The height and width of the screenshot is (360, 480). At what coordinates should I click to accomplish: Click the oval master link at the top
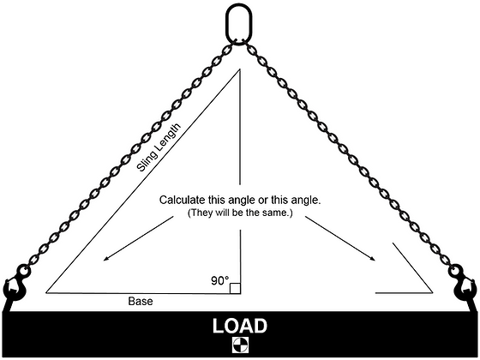coord(239,21)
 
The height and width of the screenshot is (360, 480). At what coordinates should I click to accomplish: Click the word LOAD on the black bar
coord(239,326)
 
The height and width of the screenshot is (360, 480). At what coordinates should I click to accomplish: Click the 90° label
coord(220,280)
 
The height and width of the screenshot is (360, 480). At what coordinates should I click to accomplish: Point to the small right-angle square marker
coord(235,287)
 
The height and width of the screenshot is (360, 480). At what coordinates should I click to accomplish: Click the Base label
coord(141,302)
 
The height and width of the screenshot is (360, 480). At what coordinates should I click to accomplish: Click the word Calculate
coord(183,199)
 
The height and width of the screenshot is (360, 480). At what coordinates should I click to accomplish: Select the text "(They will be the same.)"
coord(241,212)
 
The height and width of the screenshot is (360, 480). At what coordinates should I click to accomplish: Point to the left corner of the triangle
coord(48,291)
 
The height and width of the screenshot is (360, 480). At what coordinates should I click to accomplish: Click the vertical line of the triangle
coord(239,154)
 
